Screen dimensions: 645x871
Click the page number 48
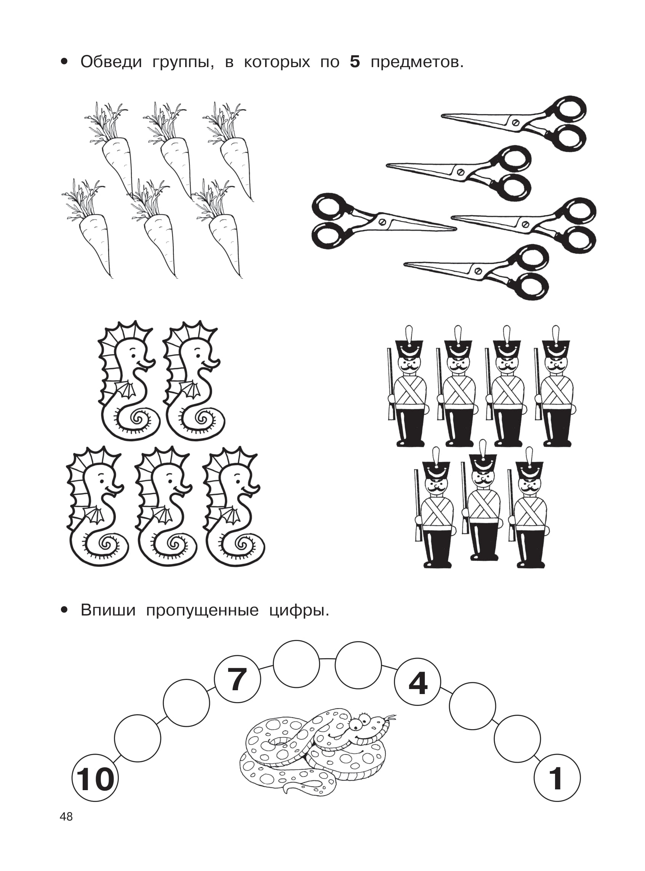tap(66, 828)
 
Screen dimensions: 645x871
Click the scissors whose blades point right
tap(384, 221)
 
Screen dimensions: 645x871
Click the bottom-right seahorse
tap(234, 507)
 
